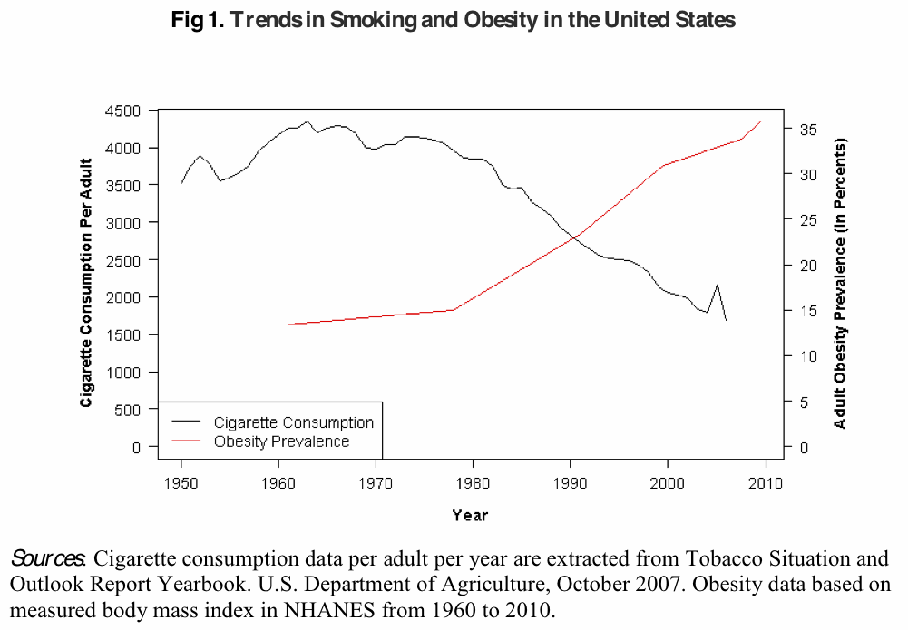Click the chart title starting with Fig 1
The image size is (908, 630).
tap(454, 19)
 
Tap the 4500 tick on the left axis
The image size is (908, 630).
tap(123, 111)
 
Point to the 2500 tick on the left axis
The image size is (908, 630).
tap(123, 260)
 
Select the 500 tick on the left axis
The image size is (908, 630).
tap(128, 410)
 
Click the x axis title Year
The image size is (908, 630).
tap(470, 516)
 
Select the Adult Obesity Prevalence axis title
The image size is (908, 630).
tap(840, 283)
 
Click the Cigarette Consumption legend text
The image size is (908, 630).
tap(293, 422)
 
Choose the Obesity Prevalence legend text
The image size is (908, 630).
tap(281, 441)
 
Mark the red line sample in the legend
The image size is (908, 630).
tap(187, 441)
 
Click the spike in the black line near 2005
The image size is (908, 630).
tap(717, 285)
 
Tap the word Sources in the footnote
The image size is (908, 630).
tap(47, 557)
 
